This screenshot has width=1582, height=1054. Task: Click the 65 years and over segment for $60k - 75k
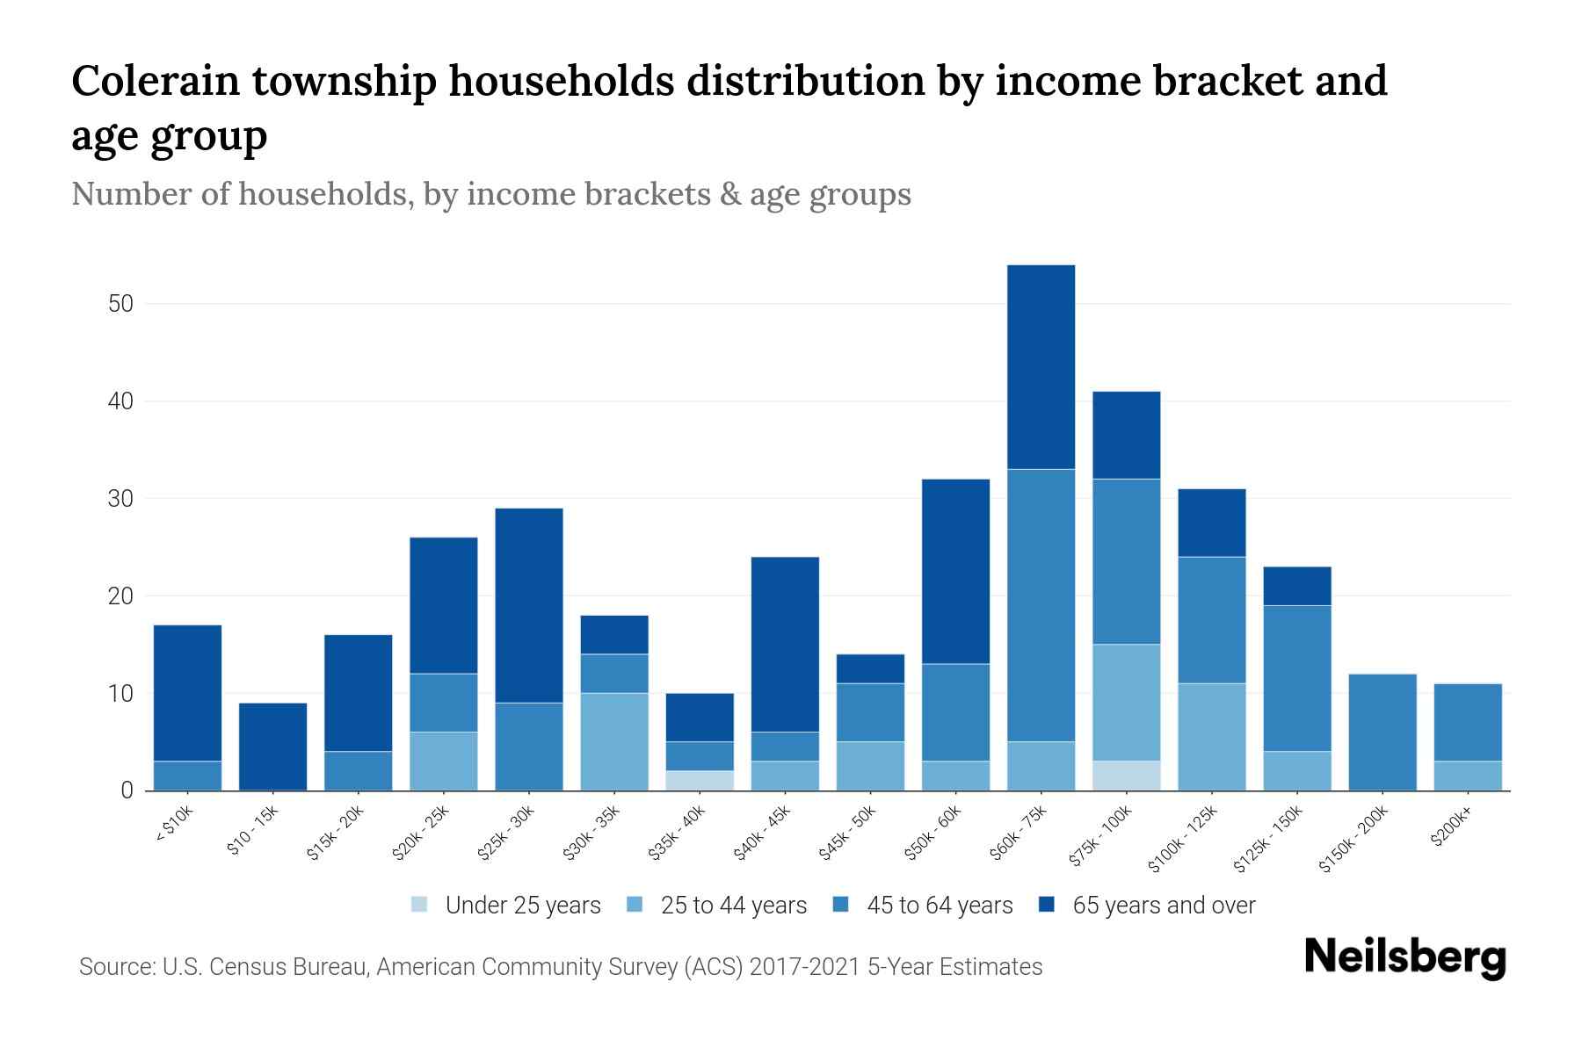(x=1041, y=367)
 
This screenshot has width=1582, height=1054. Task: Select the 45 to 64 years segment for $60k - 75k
(x=1041, y=605)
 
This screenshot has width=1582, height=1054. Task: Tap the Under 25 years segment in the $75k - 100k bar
(x=1126, y=776)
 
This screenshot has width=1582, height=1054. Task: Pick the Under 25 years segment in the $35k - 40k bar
(x=700, y=781)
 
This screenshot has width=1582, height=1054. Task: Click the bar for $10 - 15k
(x=272, y=747)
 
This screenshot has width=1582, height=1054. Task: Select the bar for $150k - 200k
(x=1382, y=733)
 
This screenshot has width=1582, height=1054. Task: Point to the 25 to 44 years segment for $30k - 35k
(x=614, y=742)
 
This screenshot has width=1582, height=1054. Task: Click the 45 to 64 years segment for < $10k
(x=187, y=776)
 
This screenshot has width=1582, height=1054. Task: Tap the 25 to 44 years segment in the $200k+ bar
(x=1468, y=776)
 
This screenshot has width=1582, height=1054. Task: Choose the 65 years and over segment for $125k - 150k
(x=1297, y=586)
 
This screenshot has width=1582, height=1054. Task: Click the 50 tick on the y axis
(x=120, y=304)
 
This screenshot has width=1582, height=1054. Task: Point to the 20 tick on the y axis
(x=120, y=596)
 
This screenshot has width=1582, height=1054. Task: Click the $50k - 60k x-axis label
(x=933, y=834)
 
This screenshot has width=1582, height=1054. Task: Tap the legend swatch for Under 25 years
(x=420, y=905)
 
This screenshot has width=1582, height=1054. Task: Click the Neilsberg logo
(x=1404, y=957)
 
